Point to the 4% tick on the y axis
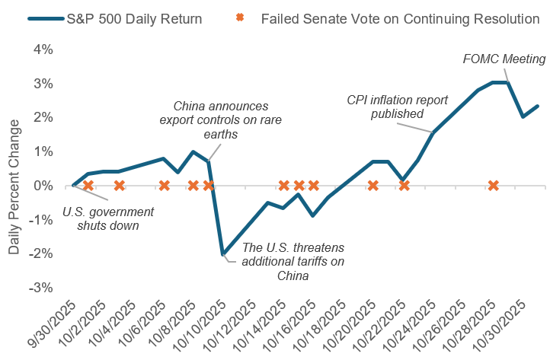click(43, 49)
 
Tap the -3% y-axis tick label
click(41, 288)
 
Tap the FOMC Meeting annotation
click(505, 59)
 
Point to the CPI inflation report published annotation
click(397, 107)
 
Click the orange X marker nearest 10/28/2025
click(493, 185)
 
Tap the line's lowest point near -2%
click(222, 253)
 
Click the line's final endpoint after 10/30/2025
click(537, 106)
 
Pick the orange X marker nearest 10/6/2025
click(164, 185)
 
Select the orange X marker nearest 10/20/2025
click(373, 185)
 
